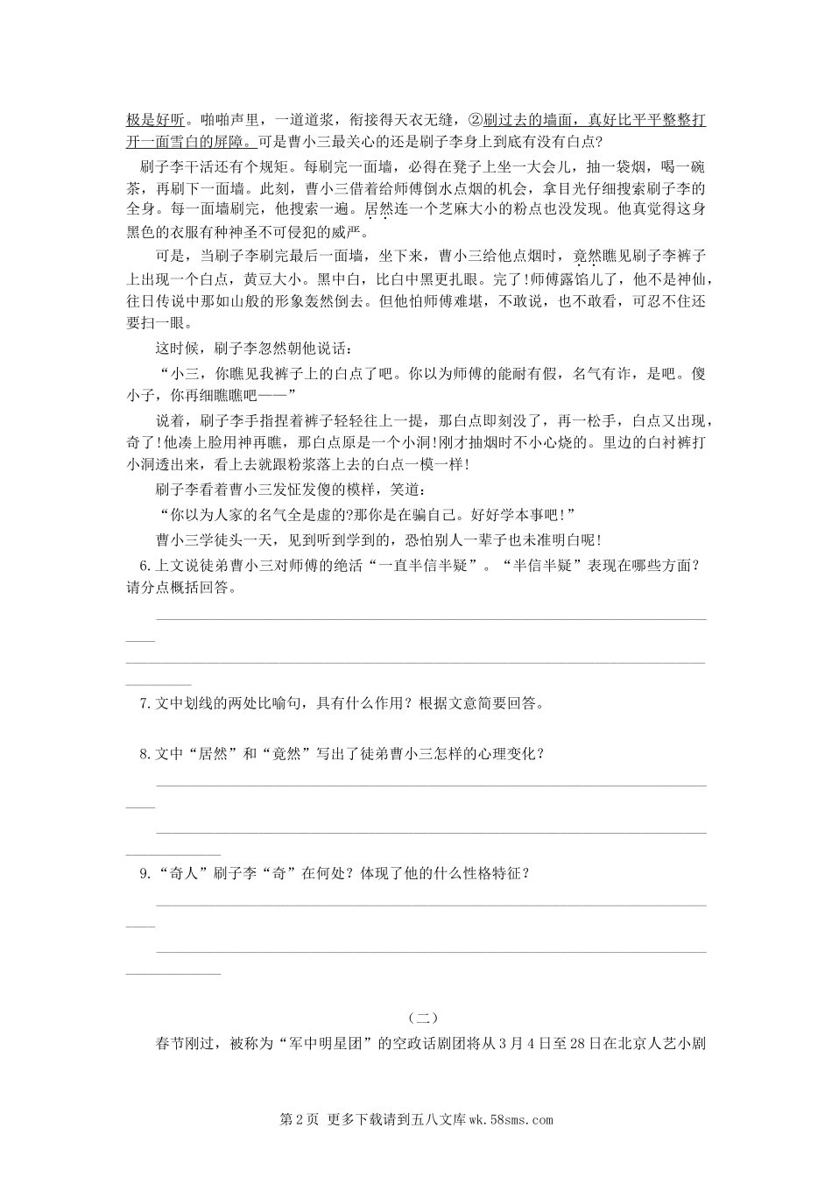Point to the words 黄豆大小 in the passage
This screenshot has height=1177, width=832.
270,279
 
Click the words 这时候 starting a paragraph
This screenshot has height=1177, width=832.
177,349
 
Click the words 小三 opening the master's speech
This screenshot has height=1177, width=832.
183,372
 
